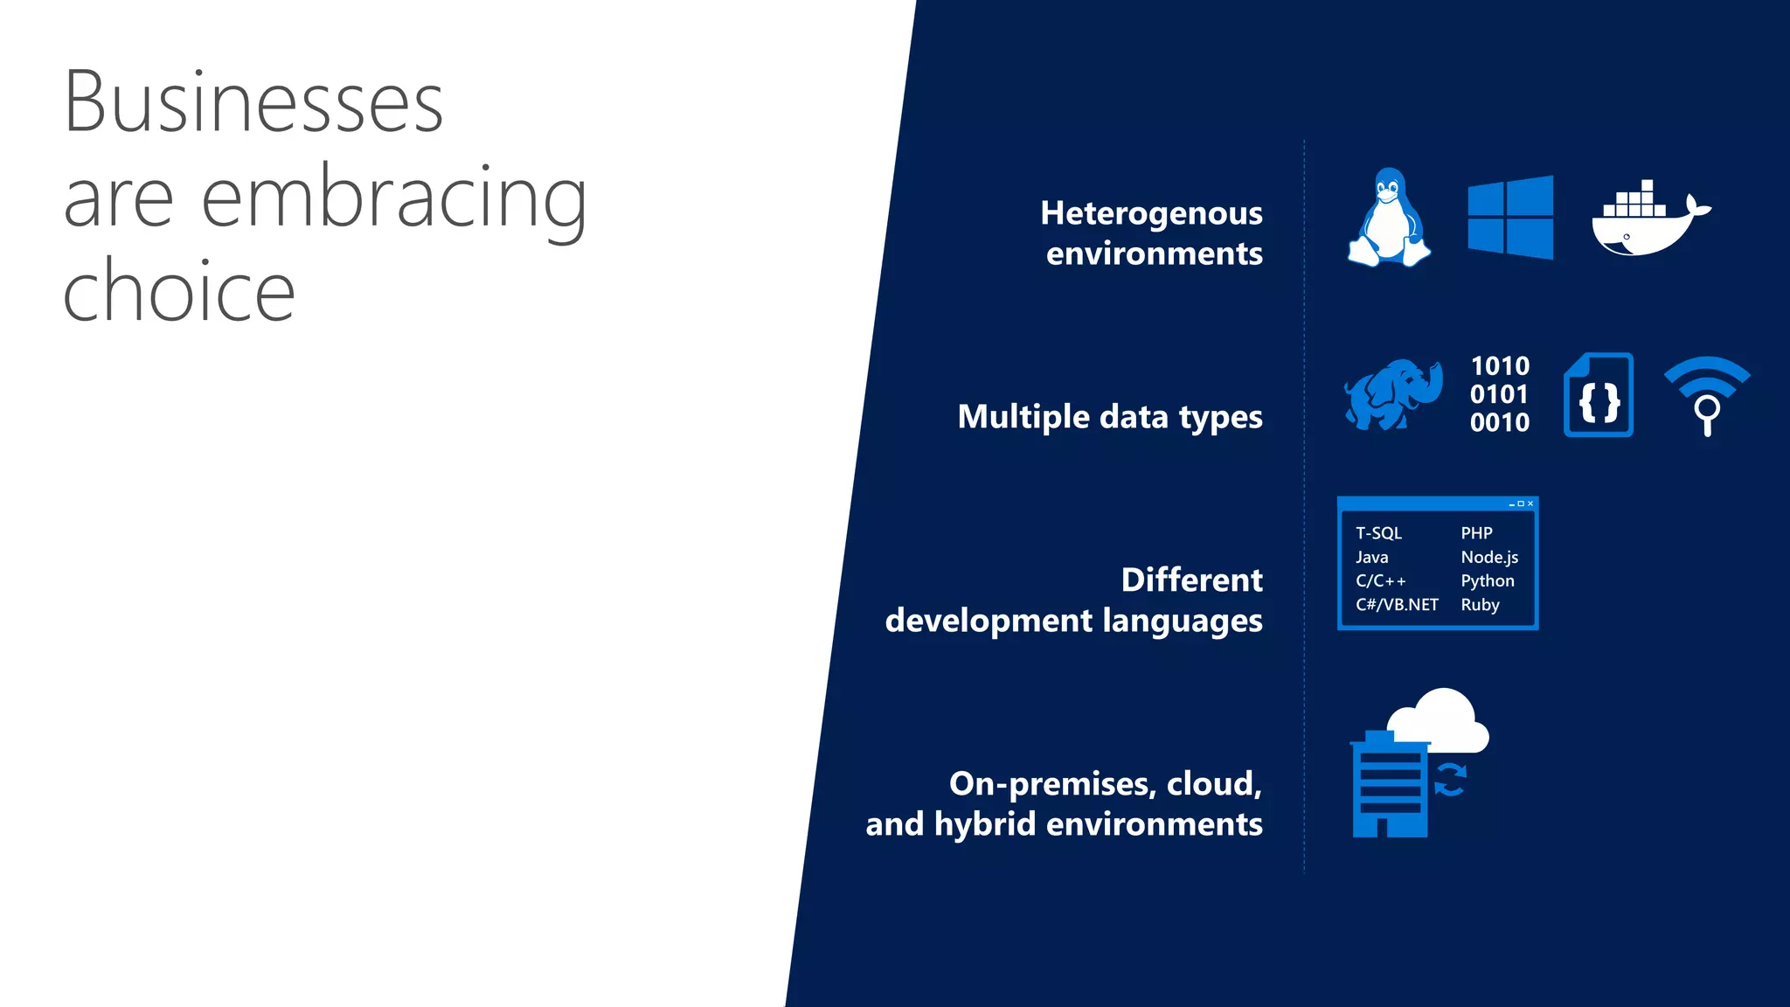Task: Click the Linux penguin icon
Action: pos(1389,218)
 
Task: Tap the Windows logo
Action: pos(1510,218)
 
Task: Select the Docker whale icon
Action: pos(1647,223)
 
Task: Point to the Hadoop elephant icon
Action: pos(1392,394)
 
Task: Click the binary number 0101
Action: pos(1499,394)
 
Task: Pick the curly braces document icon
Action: pos(1599,395)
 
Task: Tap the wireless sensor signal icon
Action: pos(1707,393)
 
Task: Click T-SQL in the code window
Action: pos(1378,533)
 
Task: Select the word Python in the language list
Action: pos(1487,581)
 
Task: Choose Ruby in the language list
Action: pos(1480,605)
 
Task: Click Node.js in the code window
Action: pos(1489,558)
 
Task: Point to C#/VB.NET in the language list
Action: pos(1397,605)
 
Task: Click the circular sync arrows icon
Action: pos(1450,780)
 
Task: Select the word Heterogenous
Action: pos(1151,214)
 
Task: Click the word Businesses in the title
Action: pos(253,102)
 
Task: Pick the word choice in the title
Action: pos(179,291)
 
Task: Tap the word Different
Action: pos(1191,580)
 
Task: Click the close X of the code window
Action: pos(1530,503)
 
